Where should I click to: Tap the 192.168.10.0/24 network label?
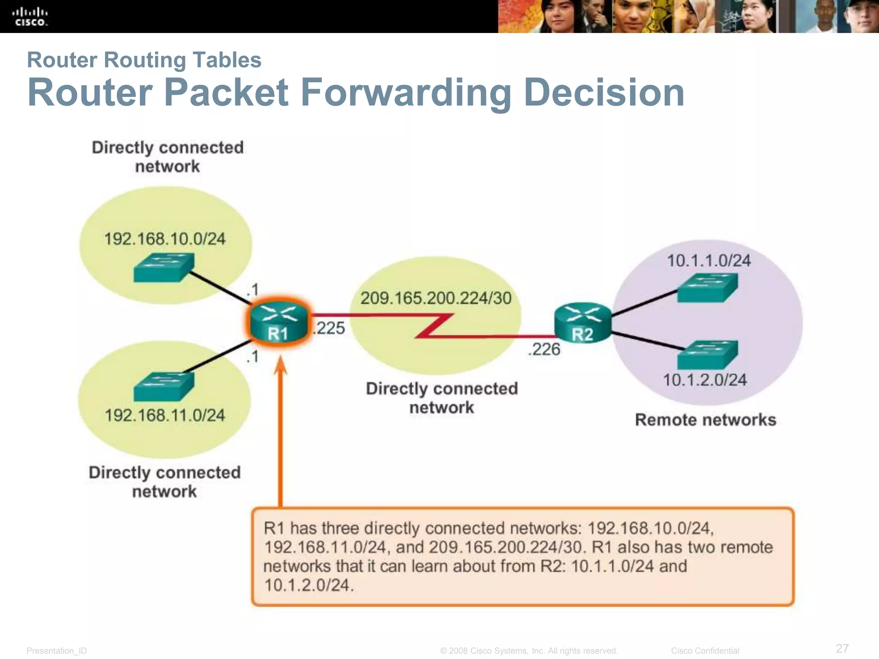(x=165, y=239)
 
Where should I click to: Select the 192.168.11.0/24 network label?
(x=165, y=415)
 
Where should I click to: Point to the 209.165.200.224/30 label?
(x=436, y=298)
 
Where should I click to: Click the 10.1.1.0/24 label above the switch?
(x=709, y=261)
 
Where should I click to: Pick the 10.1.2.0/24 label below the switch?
(x=705, y=380)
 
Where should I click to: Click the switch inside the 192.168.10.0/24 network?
(x=164, y=268)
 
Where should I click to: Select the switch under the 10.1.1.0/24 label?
(x=707, y=287)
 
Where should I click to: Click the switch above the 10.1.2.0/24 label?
(x=707, y=355)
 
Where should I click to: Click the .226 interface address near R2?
(x=544, y=349)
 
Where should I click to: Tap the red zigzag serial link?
(x=433, y=326)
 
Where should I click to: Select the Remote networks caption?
(x=705, y=420)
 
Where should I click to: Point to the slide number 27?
(x=842, y=648)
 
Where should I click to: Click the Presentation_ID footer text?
(x=57, y=651)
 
